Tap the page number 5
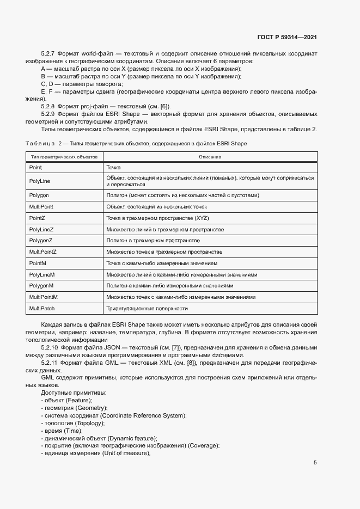point(315,463)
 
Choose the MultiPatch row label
point(41,309)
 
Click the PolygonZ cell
point(41,240)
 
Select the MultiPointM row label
point(44,297)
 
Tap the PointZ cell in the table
point(37,218)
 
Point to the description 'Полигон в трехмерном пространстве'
point(153,240)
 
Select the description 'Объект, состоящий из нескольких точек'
point(156,207)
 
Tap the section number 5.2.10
point(51,347)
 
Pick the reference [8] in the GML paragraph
point(198,362)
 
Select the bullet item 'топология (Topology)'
point(73,423)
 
